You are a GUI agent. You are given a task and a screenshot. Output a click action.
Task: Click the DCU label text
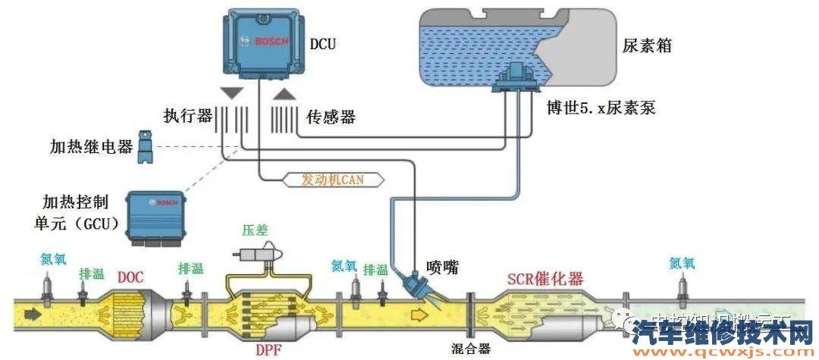click(x=322, y=45)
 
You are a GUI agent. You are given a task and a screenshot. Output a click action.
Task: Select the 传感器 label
click(x=331, y=117)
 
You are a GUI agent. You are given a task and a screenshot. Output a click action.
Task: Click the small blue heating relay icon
click(x=146, y=148)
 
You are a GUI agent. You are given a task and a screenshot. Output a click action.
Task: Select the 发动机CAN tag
click(x=333, y=180)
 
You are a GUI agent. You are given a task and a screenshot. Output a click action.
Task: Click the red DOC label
click(x=130, y=277)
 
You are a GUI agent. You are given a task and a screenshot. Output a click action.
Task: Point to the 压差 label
click(x=255, y=229)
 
